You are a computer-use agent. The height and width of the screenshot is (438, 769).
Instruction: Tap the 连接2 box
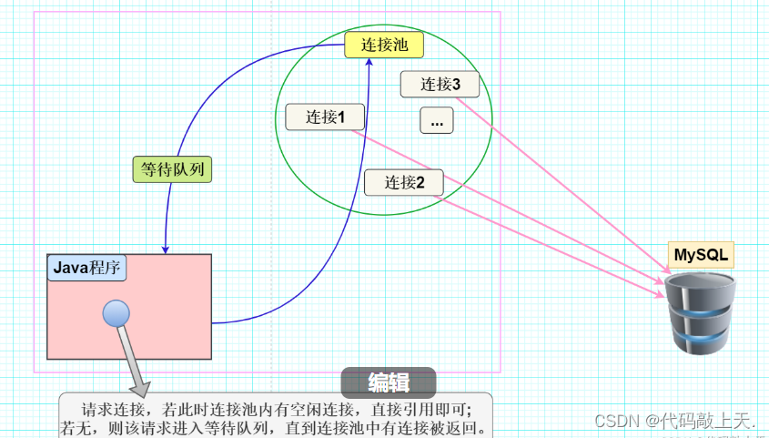(x=404, y=182)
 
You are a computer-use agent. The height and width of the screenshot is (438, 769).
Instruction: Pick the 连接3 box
(x=440, y=85)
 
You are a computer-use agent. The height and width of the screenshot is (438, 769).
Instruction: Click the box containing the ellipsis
(x=437, y=120)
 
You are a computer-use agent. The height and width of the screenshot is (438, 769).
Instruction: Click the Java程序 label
(x=86, y=268)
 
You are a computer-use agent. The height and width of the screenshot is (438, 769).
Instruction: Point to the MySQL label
(x=701, y=255)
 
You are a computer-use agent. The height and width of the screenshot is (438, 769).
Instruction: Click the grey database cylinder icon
(x=699, y=313)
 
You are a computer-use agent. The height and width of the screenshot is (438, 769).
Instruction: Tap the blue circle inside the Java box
(x=116, y=313)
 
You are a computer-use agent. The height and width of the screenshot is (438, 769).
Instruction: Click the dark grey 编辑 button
(x=389, y=382)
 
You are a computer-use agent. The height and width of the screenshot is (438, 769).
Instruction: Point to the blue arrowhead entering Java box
(x=165, y=249)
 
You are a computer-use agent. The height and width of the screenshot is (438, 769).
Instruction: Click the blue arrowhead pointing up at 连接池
(x=369, y=63)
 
